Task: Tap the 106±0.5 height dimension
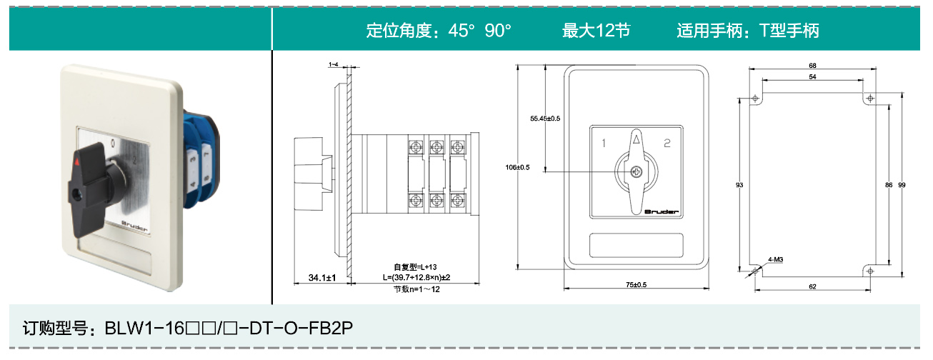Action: pyautogui.click(x=519, y=168)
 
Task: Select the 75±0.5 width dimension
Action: pyautogui.click(x=636, y=285)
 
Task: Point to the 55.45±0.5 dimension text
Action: pyautogui.click(x=545, y=118)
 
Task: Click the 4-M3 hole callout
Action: pyautogui.click(x=776, y=259)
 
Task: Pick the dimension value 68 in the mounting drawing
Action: pyautogui.click(x=812, y=66)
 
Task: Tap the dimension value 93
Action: pyautogui.click(x=739, y=185)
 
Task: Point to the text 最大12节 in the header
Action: pyautogui.click(x=597, y=31)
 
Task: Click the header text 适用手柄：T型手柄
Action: pyautogui.click(x=747, y=31)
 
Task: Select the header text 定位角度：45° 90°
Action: pyautogui.click(x=439, y=31)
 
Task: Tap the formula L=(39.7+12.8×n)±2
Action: pyautogui.click(x=416, y=276)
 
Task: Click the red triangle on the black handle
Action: pyautogui.click(x=76, y=164)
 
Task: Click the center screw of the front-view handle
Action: pyautogui.click(x=637, y=171)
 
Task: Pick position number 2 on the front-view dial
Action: pyautogui.click(x=667, y=144)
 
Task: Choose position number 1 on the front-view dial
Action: pyautogui.click(x=604, y=144)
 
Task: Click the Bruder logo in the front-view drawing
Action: pyautogui.click(x=662, y=211)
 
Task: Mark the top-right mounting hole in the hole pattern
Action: pyautogui.click(x=869, y=97)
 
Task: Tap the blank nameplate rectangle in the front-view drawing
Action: pyautogui.click(x=636, y=246)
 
